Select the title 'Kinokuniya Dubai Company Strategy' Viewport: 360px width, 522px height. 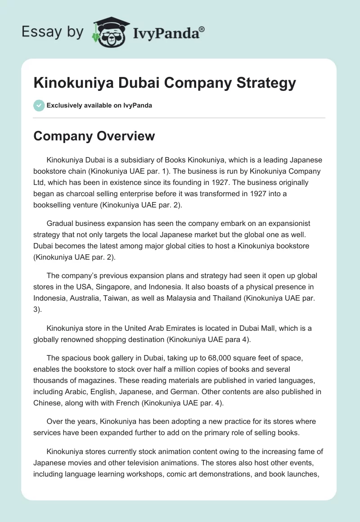165,83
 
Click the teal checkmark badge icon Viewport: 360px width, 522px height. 39,105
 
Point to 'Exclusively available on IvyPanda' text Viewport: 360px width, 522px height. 99,105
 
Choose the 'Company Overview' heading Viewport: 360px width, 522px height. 94,136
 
